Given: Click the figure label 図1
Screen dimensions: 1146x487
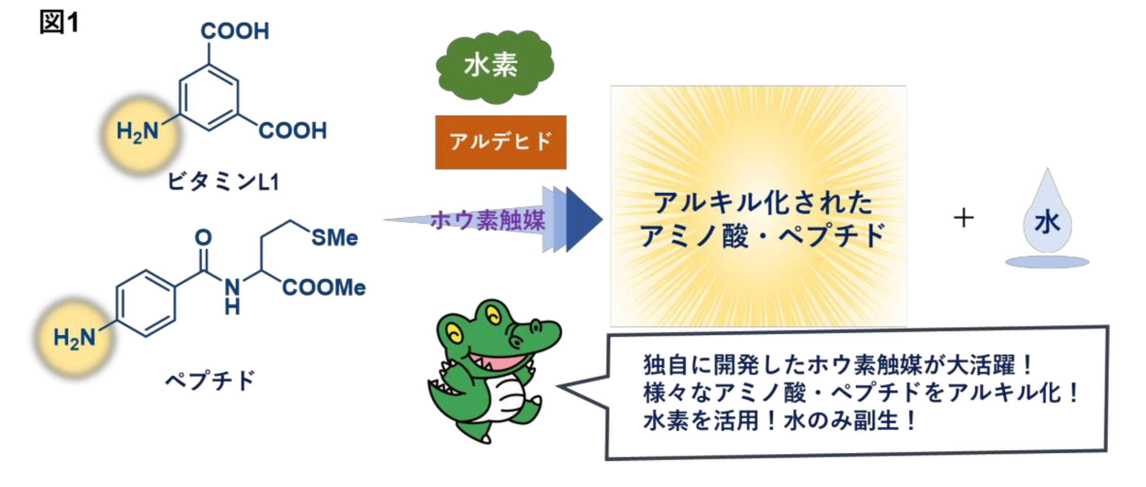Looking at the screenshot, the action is tap(59, 22).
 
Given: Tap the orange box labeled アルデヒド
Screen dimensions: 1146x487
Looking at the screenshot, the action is tap(500, 142).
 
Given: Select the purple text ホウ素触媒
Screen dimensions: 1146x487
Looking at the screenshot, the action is tap(487, 221).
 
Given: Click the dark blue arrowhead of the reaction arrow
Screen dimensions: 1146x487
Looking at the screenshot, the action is tap(584, 220).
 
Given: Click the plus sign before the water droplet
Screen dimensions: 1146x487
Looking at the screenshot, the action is tap(963, 219).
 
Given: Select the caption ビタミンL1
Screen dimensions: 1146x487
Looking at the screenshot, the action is tap(223, 181).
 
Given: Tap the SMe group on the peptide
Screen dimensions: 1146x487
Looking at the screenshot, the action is tap(334, 237).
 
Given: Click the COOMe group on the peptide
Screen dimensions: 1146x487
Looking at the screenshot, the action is tap(324, 288).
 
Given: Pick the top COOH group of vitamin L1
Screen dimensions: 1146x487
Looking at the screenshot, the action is tap(234, 31).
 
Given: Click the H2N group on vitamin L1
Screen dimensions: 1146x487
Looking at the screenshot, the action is tap(138, 131).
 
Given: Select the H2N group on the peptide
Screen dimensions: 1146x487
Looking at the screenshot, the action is tap(75, 337).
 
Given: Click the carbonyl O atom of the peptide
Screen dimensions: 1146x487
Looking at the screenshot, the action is tap(203, 237).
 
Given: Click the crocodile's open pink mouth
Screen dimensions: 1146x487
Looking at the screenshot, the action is tap(495, 363).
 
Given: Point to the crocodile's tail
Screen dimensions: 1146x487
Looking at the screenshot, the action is tap(442, 391).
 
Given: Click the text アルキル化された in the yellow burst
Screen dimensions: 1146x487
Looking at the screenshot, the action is tap(762, 203).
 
